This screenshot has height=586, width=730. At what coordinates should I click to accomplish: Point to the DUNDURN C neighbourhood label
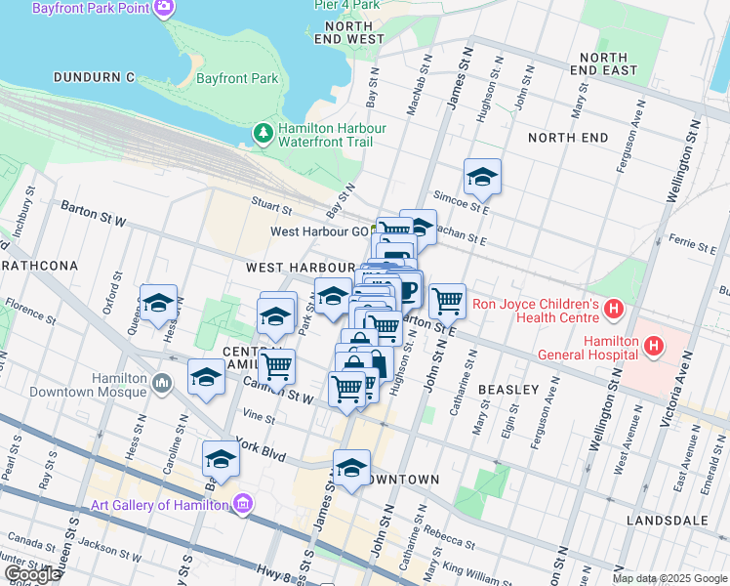pyautogui.click(x=94, y=76)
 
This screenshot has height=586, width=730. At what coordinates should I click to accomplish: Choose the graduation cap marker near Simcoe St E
pyautogui.click(x=482, y=177)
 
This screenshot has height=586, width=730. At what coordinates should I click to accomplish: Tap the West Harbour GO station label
pyautogui.click(x=319, y=231)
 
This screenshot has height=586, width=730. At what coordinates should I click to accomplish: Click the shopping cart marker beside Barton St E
pyautogui.click(x=447, y=301)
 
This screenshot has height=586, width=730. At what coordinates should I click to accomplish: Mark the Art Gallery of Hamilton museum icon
pyautogui.click(x=243, y=505)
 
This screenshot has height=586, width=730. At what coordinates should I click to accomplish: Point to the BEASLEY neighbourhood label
pyautogui.click(x=508, y=390)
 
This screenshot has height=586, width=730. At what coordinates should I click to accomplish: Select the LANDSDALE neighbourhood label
pyautogui.click(x=669, y=521)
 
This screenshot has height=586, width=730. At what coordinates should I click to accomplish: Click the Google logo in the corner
pyautogui.click(x=32, y=574)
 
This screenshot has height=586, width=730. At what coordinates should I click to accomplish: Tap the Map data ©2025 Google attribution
pyautogui.click(x=669, y=578)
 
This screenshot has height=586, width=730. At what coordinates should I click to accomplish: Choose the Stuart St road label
pyautogui.click(x=272, y=208)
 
